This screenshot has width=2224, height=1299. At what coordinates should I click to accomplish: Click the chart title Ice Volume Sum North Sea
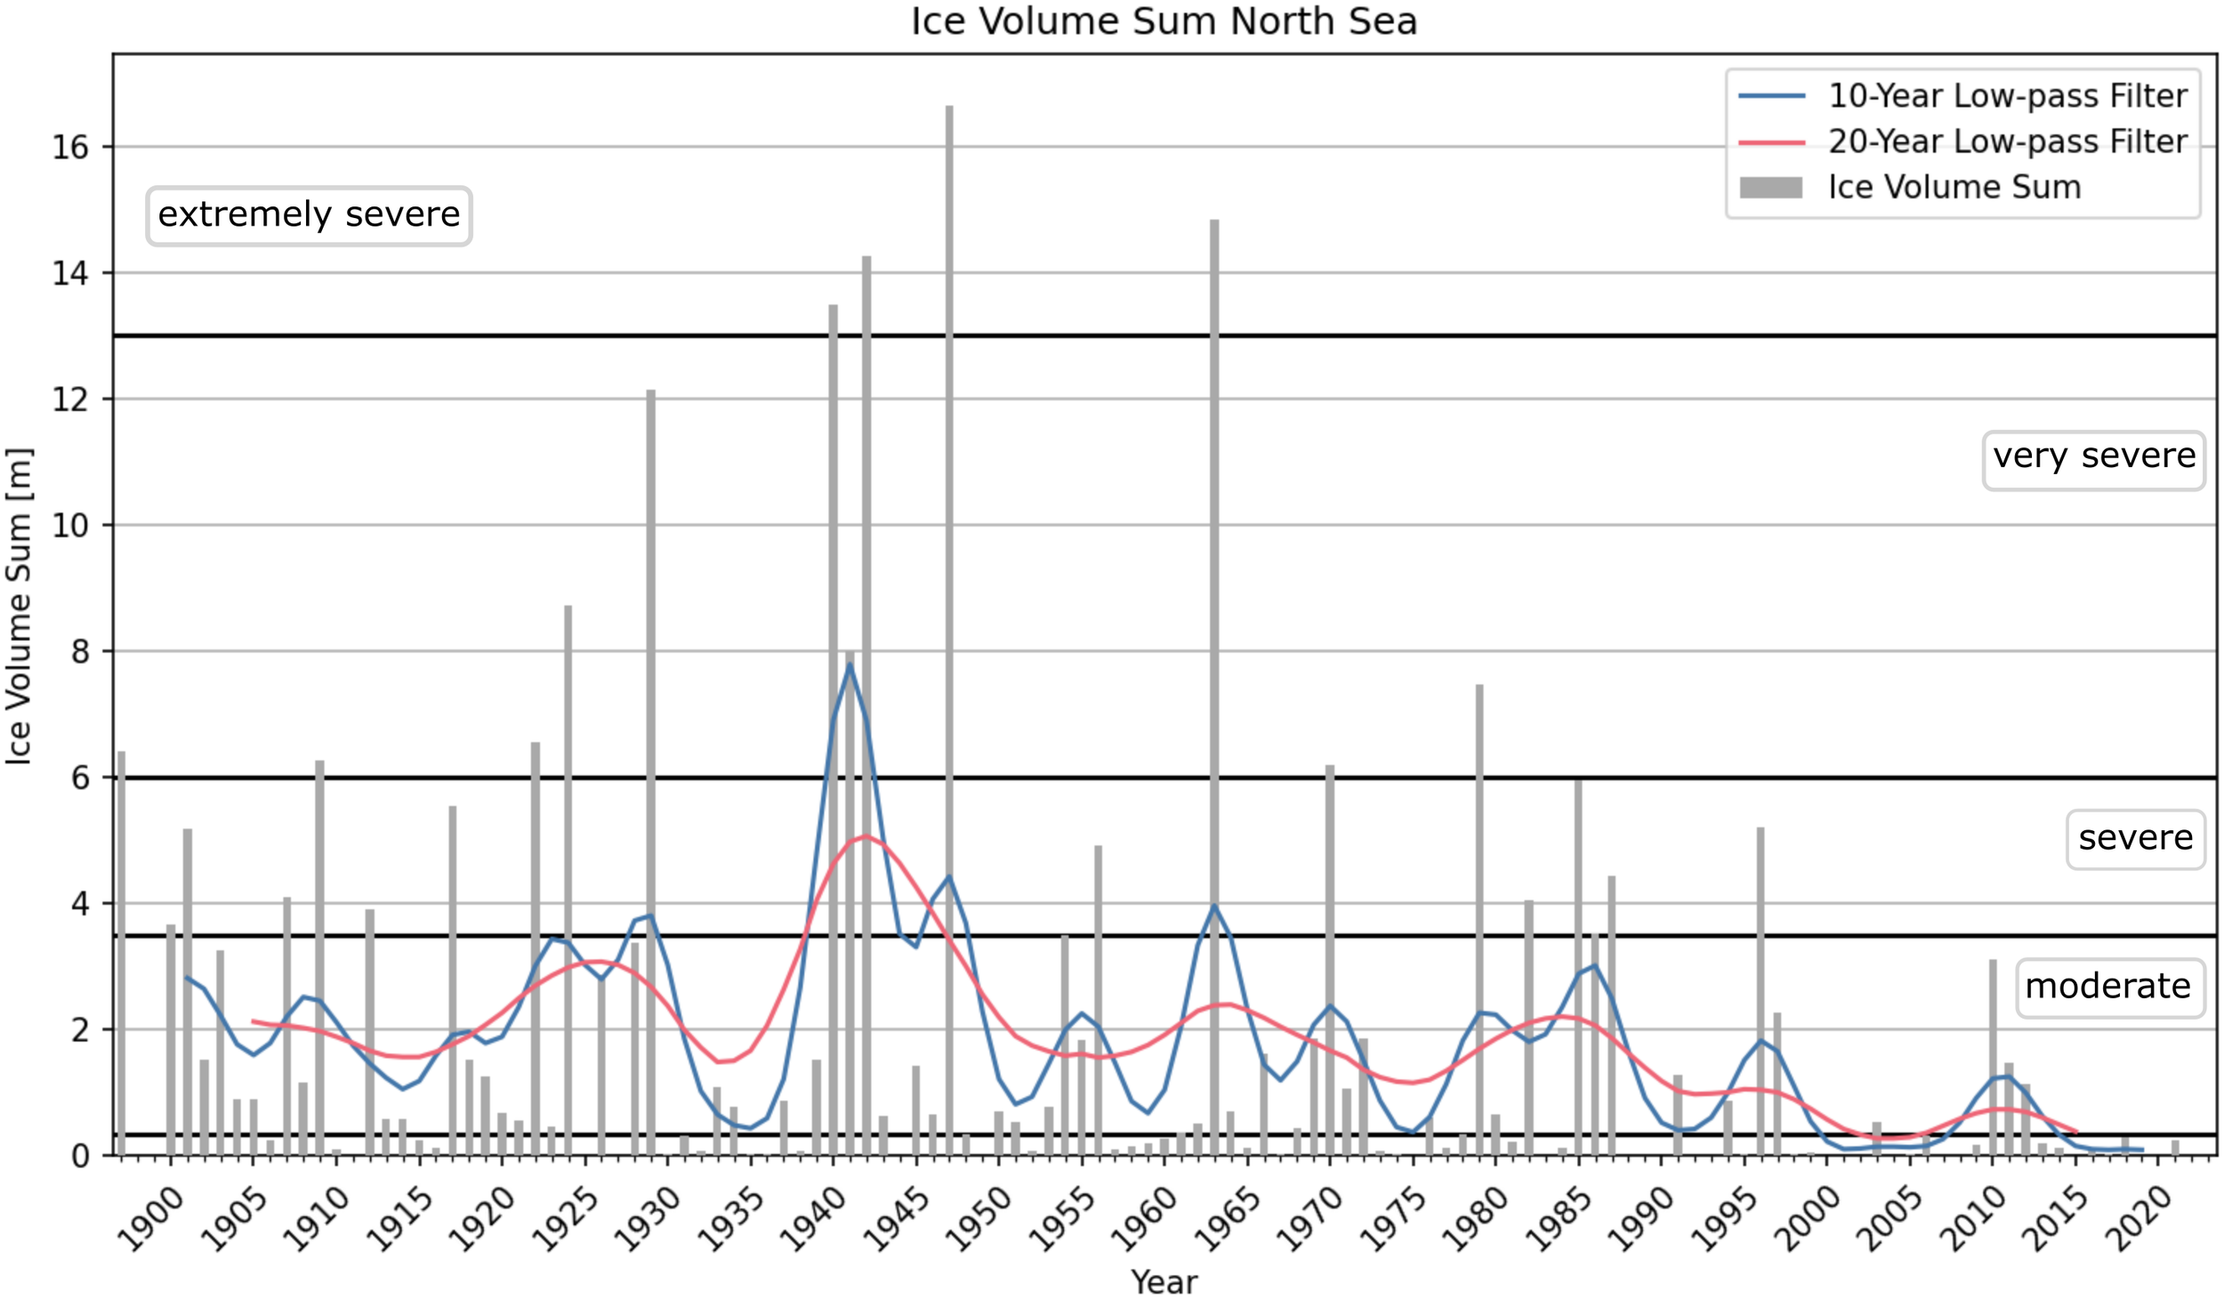(x=1164, y=21)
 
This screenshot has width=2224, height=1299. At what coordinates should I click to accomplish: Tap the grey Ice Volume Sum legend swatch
(x=1770, y=188)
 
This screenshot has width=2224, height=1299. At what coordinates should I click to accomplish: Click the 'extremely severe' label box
(x=309, y=215)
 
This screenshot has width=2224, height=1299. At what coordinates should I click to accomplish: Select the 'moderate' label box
(x=2107, y=987)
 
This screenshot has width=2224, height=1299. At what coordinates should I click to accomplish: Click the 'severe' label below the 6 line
(x=2134, y=838)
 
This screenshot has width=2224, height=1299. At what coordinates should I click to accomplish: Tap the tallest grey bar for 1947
(x=949, y=623)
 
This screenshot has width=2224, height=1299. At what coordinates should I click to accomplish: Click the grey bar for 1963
(x=1214, y=685)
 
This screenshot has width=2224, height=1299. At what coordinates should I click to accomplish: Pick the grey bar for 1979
(x=1479, y=916)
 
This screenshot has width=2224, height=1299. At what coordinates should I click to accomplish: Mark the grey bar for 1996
(x=1760, y=988)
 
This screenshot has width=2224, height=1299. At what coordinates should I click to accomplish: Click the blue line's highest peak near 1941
(x=850, y=664)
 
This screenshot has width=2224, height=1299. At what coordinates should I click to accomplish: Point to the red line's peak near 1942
(x=866, y=835)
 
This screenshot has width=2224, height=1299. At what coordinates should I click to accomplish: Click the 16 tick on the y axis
(x=70, y=148)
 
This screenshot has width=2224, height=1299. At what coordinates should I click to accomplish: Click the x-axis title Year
(x=1164, y=1281)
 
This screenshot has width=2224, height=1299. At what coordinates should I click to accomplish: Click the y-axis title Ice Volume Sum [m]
(x=20, y=605)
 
